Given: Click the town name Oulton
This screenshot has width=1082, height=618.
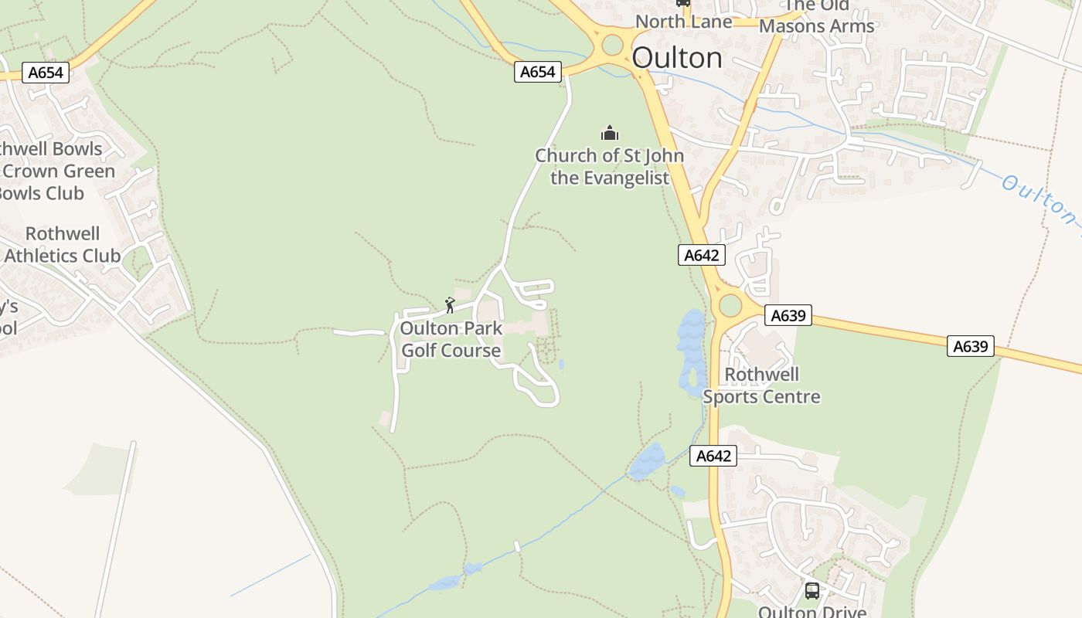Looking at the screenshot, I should tap(677, 58).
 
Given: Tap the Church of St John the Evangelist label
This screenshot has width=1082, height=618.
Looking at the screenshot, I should tap(609, 166).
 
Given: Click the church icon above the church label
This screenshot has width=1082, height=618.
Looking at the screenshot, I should tap(610, 133).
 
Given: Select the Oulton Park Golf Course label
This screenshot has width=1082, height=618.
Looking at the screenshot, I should tap(451, 339).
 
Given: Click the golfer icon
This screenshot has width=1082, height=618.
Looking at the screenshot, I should tap(450, 305).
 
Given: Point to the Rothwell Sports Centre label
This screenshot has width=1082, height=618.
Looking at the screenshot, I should tap(761, 385).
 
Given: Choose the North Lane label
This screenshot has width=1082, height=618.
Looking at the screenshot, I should tap(683, 22).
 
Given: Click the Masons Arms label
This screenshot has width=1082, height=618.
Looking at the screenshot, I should tap(817, 25).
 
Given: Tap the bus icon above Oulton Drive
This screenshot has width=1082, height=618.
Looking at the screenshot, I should tap(812, 591).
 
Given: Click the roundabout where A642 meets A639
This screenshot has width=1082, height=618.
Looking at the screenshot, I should tap(730, 306).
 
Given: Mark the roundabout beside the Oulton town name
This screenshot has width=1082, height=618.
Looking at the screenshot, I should tap(612, 44).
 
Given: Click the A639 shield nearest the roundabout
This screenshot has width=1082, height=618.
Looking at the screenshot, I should tap(788, 315).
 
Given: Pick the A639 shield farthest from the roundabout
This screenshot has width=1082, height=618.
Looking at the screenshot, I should tap(970, 346).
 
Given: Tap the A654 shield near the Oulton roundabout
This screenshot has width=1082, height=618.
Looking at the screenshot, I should tap(537, 72).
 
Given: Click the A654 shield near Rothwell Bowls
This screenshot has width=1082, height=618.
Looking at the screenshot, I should tap(46, 73).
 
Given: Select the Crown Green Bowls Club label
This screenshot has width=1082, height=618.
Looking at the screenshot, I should tap(58, 171).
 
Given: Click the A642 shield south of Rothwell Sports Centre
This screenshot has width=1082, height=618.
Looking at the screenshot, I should tap(713, 456).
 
